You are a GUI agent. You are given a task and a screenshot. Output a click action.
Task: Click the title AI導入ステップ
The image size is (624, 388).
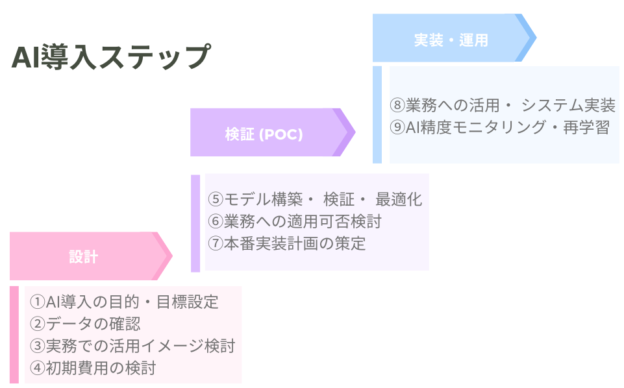click(x=110, y=57)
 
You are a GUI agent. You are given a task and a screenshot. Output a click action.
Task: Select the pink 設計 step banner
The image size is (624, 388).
click(x=83, y=256)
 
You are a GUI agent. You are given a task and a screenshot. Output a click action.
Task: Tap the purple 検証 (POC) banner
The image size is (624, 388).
click(x=264, y=133)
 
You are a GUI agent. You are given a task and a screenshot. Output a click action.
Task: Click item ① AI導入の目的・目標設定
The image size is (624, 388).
click(x=125, y=302)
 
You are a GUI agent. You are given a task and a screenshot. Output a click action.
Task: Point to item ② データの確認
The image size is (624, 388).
click(x=85, y=324)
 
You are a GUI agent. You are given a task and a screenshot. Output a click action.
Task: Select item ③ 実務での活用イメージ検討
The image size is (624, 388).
click(x=132, y=346)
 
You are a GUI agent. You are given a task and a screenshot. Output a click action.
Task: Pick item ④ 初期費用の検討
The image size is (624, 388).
click(x=93, y=368)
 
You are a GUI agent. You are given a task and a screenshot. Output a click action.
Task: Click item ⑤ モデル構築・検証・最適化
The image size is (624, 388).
click(x=315, y=199)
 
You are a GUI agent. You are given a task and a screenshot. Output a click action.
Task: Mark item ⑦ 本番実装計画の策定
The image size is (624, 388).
click(x=286, y=243)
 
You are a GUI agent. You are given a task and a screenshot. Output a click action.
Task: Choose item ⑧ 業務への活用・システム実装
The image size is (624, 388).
click(x=503, y=105)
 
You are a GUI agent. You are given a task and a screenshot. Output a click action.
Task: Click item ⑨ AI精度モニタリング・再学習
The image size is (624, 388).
click(x=499, y=127)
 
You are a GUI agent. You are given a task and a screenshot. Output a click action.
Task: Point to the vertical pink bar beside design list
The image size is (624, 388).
click(x=14, y=335)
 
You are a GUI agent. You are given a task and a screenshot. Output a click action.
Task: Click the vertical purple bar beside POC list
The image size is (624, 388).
click(x=195, y=223)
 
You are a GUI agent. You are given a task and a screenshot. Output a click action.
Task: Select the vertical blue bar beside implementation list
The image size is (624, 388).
click(x=377, y=114)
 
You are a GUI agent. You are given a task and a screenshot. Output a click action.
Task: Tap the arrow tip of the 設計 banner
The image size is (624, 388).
click(x=165, y=256)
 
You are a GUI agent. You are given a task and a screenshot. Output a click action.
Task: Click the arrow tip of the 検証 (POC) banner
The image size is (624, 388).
click(x=348, y=132)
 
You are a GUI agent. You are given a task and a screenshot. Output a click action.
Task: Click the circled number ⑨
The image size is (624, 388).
click(x=397, y=127)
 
